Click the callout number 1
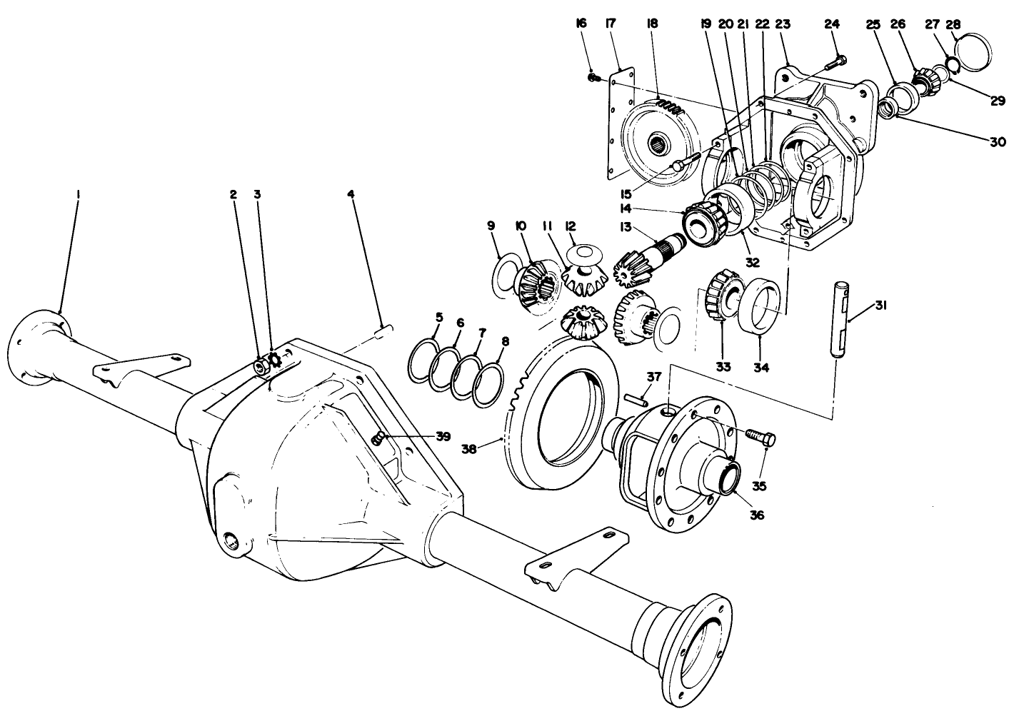tap(78, 193)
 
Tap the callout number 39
tap(443, 436)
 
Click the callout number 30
tap(997, 141)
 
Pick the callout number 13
tap(627, 227)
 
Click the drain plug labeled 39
tap(380, 438)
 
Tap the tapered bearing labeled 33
tap(721, 296)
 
